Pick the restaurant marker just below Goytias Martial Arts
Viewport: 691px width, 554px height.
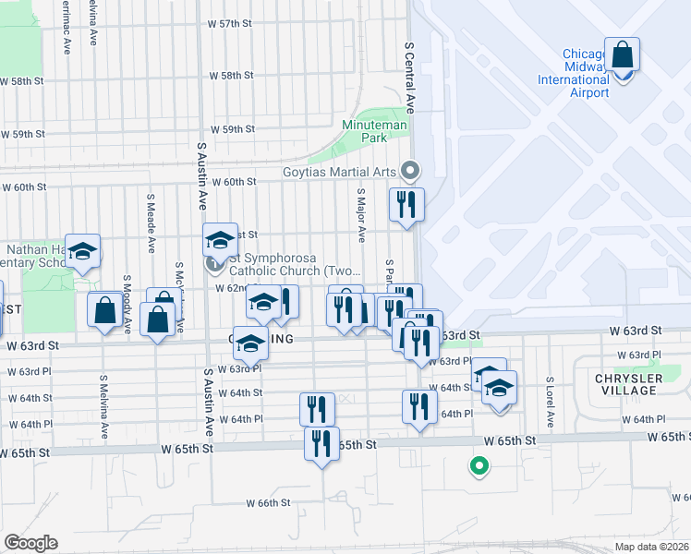(x=406, y=204)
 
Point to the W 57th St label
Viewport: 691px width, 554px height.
(x=230, y=22)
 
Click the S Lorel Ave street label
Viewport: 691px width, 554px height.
(x=549, y=402)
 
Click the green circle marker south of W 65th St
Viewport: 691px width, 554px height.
(x=479, y=467)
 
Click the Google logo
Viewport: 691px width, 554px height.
(x=30, y=543)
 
